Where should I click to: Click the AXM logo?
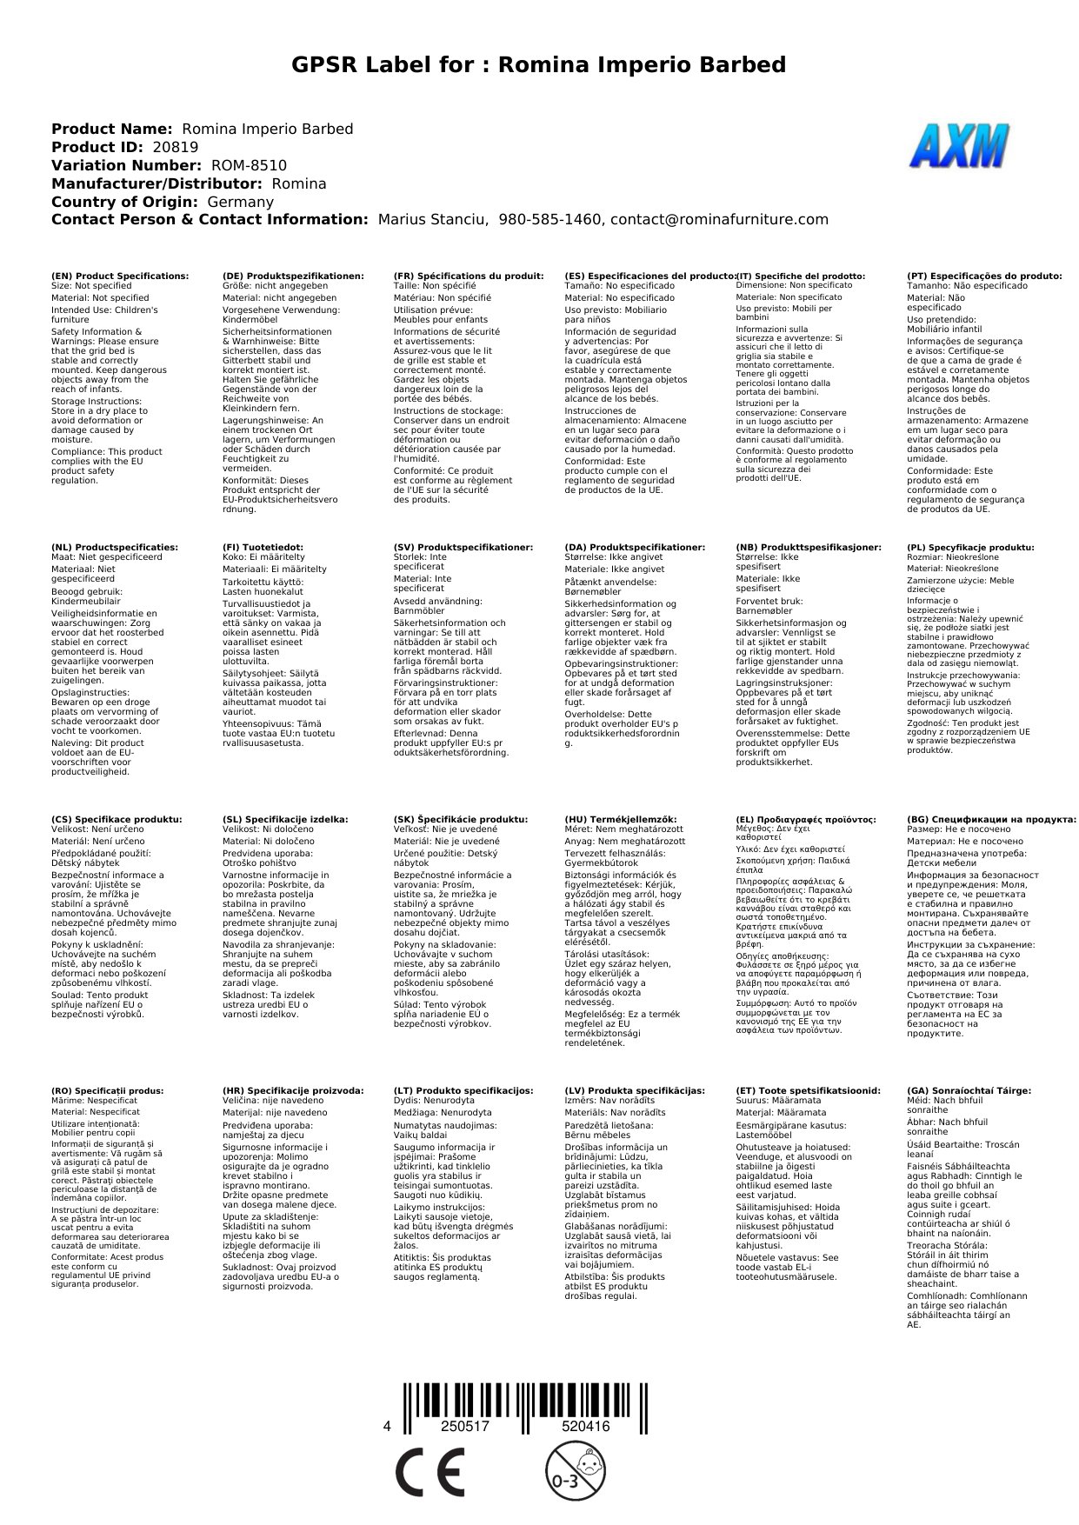click(x=960, y=146)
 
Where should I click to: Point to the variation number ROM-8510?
click(x=249, y=165)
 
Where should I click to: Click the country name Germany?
click(x=240, y=202)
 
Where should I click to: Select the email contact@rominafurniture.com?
click(x=719, y=220)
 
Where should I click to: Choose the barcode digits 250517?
click(x=465, y=1427)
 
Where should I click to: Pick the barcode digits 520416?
click(x=585, y=1427)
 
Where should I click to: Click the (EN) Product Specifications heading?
click(x=120, y=276)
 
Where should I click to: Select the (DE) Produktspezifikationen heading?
click(x=293, y=276)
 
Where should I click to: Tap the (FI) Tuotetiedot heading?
click(x=263, y=548)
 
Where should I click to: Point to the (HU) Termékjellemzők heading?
click(x=621, y=819)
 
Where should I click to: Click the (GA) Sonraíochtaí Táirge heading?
click(x=969, y=1090)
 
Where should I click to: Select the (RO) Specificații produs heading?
click(x=107, y=1090)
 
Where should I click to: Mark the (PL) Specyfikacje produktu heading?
click(x=970, y=548)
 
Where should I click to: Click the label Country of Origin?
click(x=124, y=202)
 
